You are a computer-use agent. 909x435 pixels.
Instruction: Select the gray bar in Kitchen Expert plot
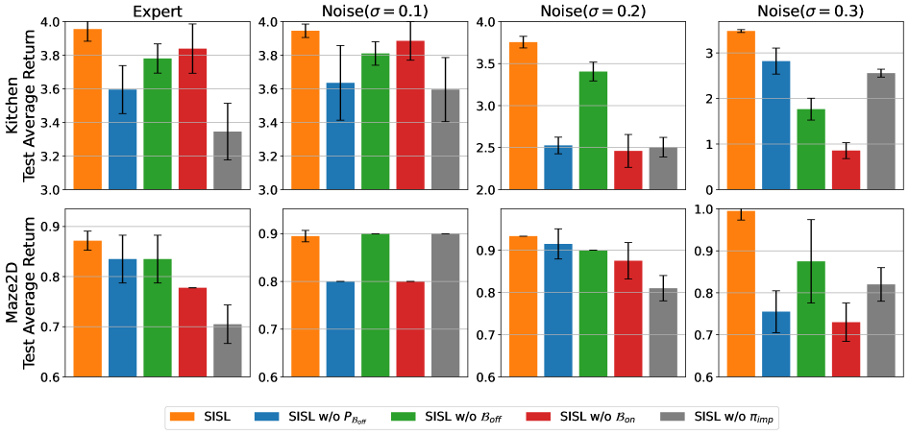click(227, 159)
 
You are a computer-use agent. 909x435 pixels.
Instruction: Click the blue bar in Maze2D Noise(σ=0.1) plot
click(314, 328)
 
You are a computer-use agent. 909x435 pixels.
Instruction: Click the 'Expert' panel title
click(158, 11)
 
